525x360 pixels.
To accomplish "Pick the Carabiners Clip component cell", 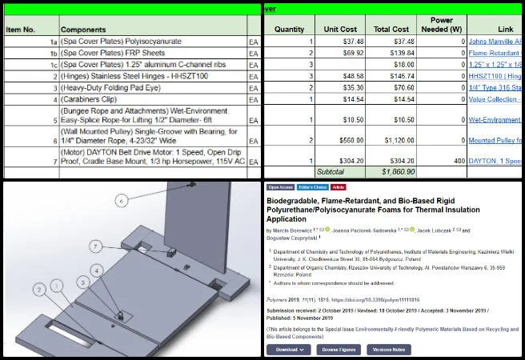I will click(101, 99).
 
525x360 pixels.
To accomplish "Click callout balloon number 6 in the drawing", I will click(122, 201).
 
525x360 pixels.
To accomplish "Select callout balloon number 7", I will click(94, 246).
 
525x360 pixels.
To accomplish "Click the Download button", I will click(289, 350).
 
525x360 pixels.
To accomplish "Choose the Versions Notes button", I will click(388, 350).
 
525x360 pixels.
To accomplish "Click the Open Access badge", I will click(279, 186).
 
